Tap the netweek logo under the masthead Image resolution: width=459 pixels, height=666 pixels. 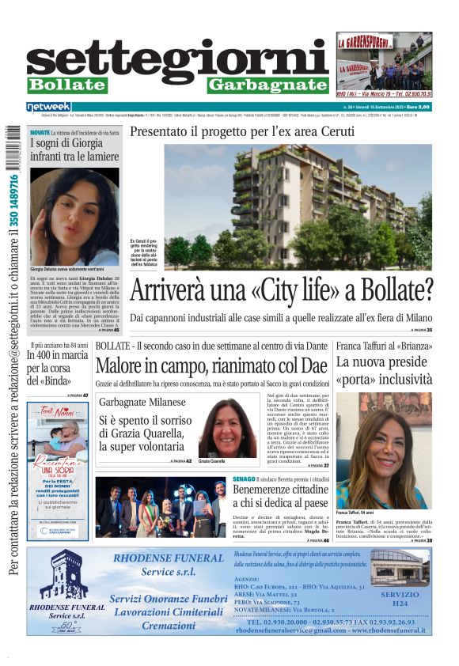(49, 106)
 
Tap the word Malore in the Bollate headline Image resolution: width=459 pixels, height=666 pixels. (126, 365)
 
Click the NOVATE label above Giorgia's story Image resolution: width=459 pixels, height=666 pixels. (40, 132)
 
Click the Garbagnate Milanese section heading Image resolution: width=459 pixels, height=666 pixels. (142, 402)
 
